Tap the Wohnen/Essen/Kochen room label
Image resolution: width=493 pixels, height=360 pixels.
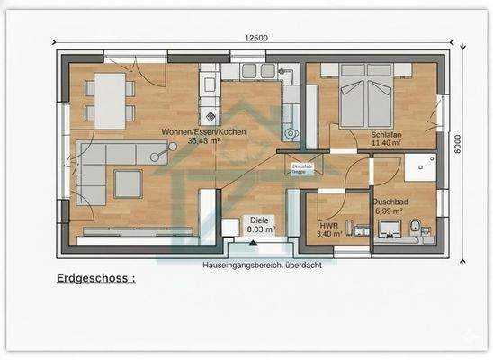(202, 132)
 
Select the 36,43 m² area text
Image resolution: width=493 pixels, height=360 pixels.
(204, 141)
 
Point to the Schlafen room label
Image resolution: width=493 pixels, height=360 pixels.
(385, 136)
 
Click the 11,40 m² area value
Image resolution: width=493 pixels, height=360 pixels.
(385, 144)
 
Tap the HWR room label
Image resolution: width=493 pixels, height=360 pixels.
(327, 226)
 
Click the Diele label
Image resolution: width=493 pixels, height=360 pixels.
(260, 220)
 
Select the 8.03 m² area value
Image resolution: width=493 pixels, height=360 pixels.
(261, 229)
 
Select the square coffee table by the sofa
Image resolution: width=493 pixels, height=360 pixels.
(127, 184)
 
